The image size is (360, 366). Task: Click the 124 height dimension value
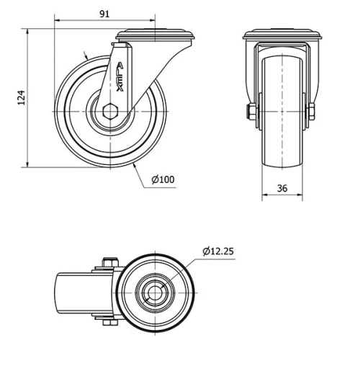pyautogui.click(x=21, y=98)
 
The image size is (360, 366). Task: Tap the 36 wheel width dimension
pyautogui.click(x=282, y=188)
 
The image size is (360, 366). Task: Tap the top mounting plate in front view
pyautogui.click(x=282, y=35)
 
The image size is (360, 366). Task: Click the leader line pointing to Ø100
pyautogui.click(x=144, y=177)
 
